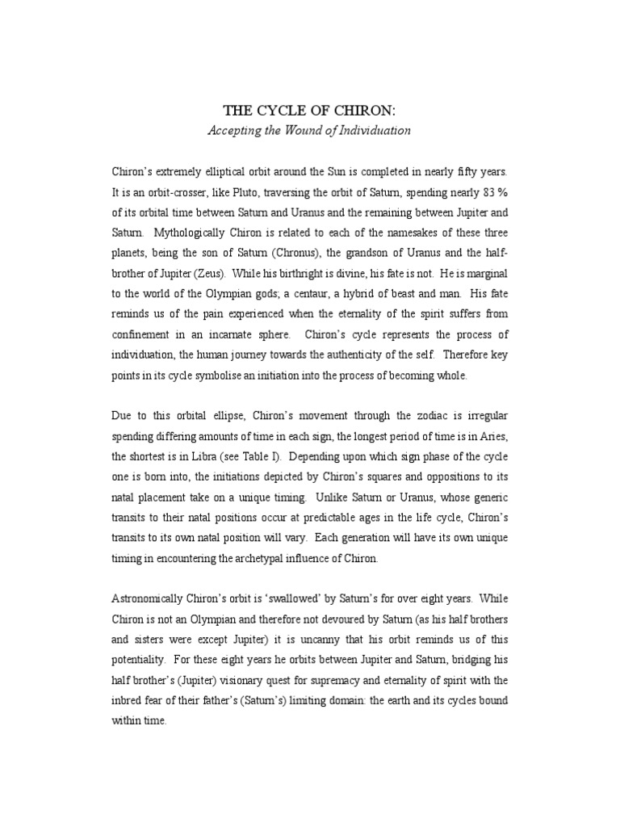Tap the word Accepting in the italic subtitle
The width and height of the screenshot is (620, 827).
point(236,130)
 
